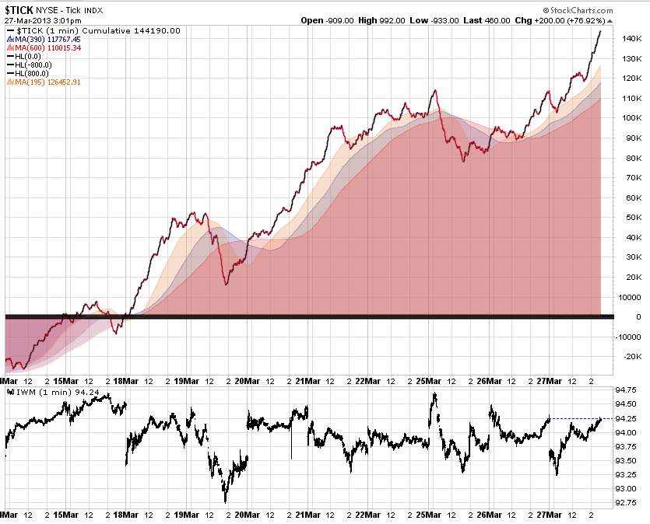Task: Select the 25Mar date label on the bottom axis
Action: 429,381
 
